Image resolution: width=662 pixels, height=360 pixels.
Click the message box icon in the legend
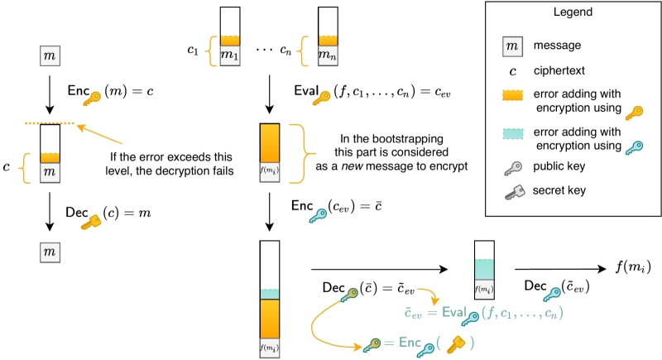pyautogui.click(x=513, y=46)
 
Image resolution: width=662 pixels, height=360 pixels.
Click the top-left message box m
pyautogui.click(x=50, y=56)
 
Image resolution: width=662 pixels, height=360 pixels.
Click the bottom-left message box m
pyautogui.click(x=50, y=251)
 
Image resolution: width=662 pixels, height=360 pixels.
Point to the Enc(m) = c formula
pyautogui.click(x=112, y=91)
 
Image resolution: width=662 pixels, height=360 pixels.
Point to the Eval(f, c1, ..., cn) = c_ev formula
pyautogui.click(x=368, y=91)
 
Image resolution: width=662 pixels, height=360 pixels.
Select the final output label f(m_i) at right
pyautogui.click(x=634, y=266)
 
